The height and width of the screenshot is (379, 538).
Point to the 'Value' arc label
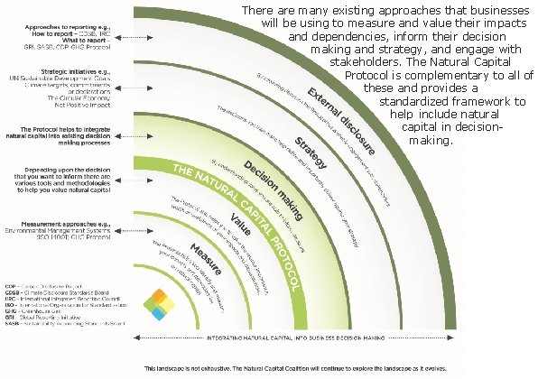pos(239,219)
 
